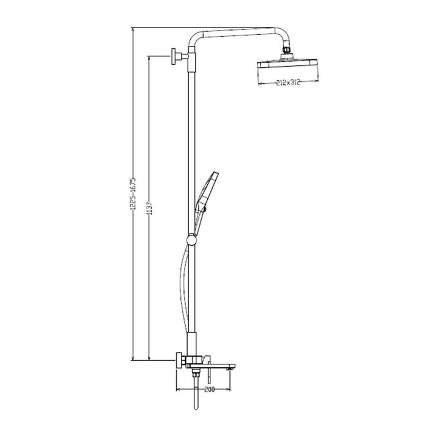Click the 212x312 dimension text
288,82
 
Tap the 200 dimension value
209,389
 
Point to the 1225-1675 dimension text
133,194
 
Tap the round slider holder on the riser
191,240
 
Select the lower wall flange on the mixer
179,360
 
